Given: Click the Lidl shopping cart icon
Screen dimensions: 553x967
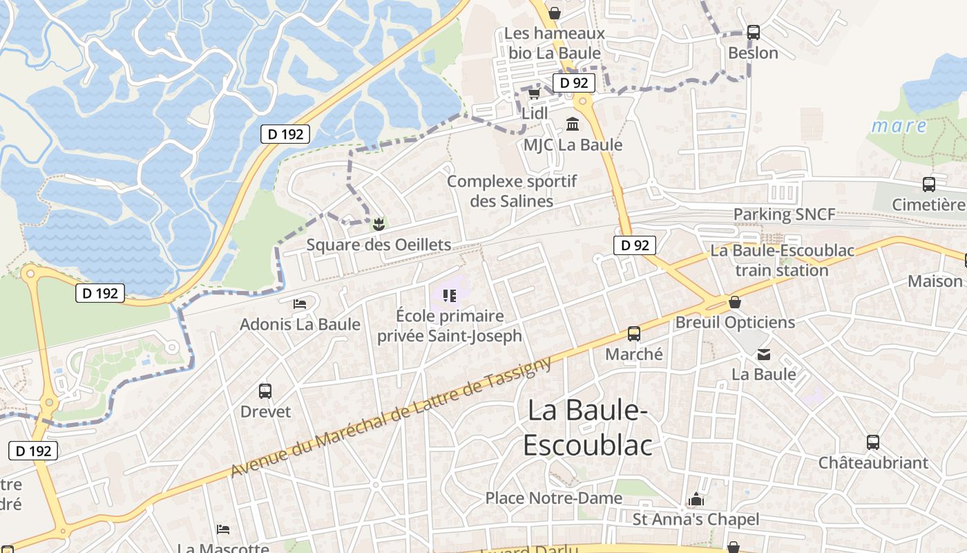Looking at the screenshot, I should click(534, 93).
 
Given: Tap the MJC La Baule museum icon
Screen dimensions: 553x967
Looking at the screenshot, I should click(573, 124).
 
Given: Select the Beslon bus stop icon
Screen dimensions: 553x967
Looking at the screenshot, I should click(753, 32).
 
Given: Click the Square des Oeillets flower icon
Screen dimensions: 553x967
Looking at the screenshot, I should click(379, 224).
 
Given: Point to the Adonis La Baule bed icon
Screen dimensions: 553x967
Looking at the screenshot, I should click(300, 303).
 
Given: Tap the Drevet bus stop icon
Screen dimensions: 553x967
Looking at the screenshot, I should click(265, 391).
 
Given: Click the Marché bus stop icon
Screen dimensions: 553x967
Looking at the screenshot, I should click(634, 334).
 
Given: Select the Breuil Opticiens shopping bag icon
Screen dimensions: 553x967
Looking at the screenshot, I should click(735, 302).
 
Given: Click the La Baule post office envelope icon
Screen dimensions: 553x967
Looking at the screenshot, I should click(764, 355).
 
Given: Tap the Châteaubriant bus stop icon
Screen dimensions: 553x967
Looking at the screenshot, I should click(873, 442).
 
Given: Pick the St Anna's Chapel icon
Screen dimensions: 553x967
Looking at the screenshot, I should click(696, 499).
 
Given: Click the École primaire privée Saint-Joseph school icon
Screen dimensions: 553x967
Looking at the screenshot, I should click(450, 296).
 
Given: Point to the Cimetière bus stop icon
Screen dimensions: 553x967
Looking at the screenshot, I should click(929, 185).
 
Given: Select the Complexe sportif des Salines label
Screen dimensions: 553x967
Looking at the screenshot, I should click(512, 191).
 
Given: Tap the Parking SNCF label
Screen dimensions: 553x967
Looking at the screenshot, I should click(784, 214).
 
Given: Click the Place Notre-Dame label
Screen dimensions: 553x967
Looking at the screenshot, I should click(553, 498).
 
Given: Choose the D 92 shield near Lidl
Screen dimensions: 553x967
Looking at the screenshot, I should click(573, 83).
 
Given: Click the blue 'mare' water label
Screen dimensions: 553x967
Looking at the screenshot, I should click(899, 126).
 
